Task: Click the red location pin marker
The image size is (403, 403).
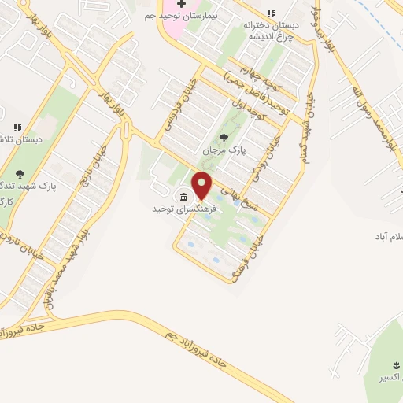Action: (x=202, y=185)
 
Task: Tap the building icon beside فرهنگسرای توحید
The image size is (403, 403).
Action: (x=183, y=197)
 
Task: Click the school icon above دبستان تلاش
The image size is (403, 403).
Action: (x=18, y=128)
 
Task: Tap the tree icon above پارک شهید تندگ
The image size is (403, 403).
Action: (x=20, y=174)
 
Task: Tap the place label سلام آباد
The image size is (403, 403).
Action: (x=388, y=237)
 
